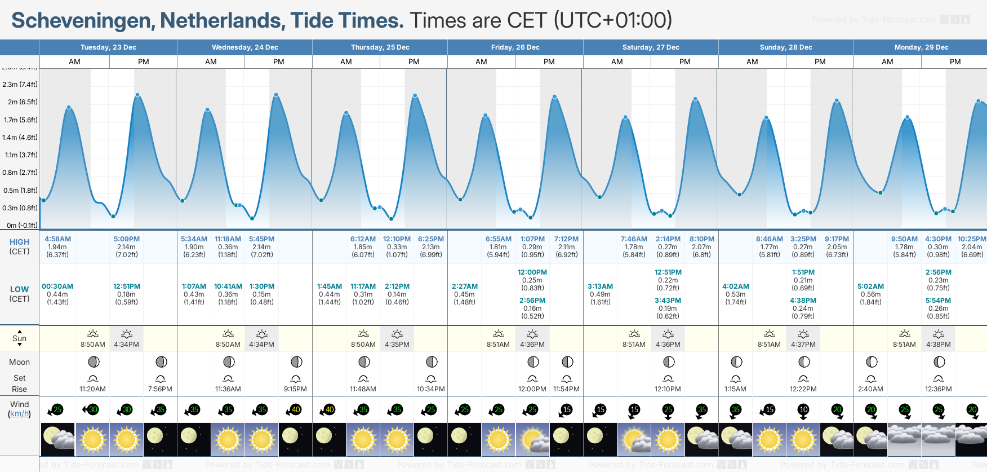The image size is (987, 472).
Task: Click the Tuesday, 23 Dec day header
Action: click(x=108, y=47)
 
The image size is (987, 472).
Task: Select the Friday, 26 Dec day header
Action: click(x=515, y=47)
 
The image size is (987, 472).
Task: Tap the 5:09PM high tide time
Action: click(x=126, y=239)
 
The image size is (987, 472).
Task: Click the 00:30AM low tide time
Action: click(x=57, y=286)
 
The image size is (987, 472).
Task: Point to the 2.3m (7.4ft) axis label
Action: click(x=20, y=85)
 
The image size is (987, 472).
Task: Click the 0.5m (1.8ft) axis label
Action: click(x=20, y=191)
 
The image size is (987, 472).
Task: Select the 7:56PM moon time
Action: click(x=160, y=389)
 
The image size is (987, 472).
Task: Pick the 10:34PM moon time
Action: click(x=430, y=389)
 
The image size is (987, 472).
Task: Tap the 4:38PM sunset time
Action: click(x=938, y=345)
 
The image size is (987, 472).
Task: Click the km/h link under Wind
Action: click(x=19, y=414)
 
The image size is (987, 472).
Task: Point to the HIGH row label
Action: click(x=19, y=242)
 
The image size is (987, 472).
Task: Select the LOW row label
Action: click(x=19, y=289)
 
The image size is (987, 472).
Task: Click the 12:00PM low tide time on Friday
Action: click(x=532, y=272)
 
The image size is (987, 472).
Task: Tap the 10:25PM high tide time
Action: click(x=972, y=239)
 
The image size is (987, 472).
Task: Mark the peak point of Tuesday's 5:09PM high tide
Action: click(x=137, y=95)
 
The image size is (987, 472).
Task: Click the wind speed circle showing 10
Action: click(x=803, y=410)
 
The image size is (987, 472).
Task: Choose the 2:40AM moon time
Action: click(x=870, y=389)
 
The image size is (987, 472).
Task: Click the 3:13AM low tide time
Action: click(x=600, y=286)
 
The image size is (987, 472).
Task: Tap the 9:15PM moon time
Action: click(x=295, y=389)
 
